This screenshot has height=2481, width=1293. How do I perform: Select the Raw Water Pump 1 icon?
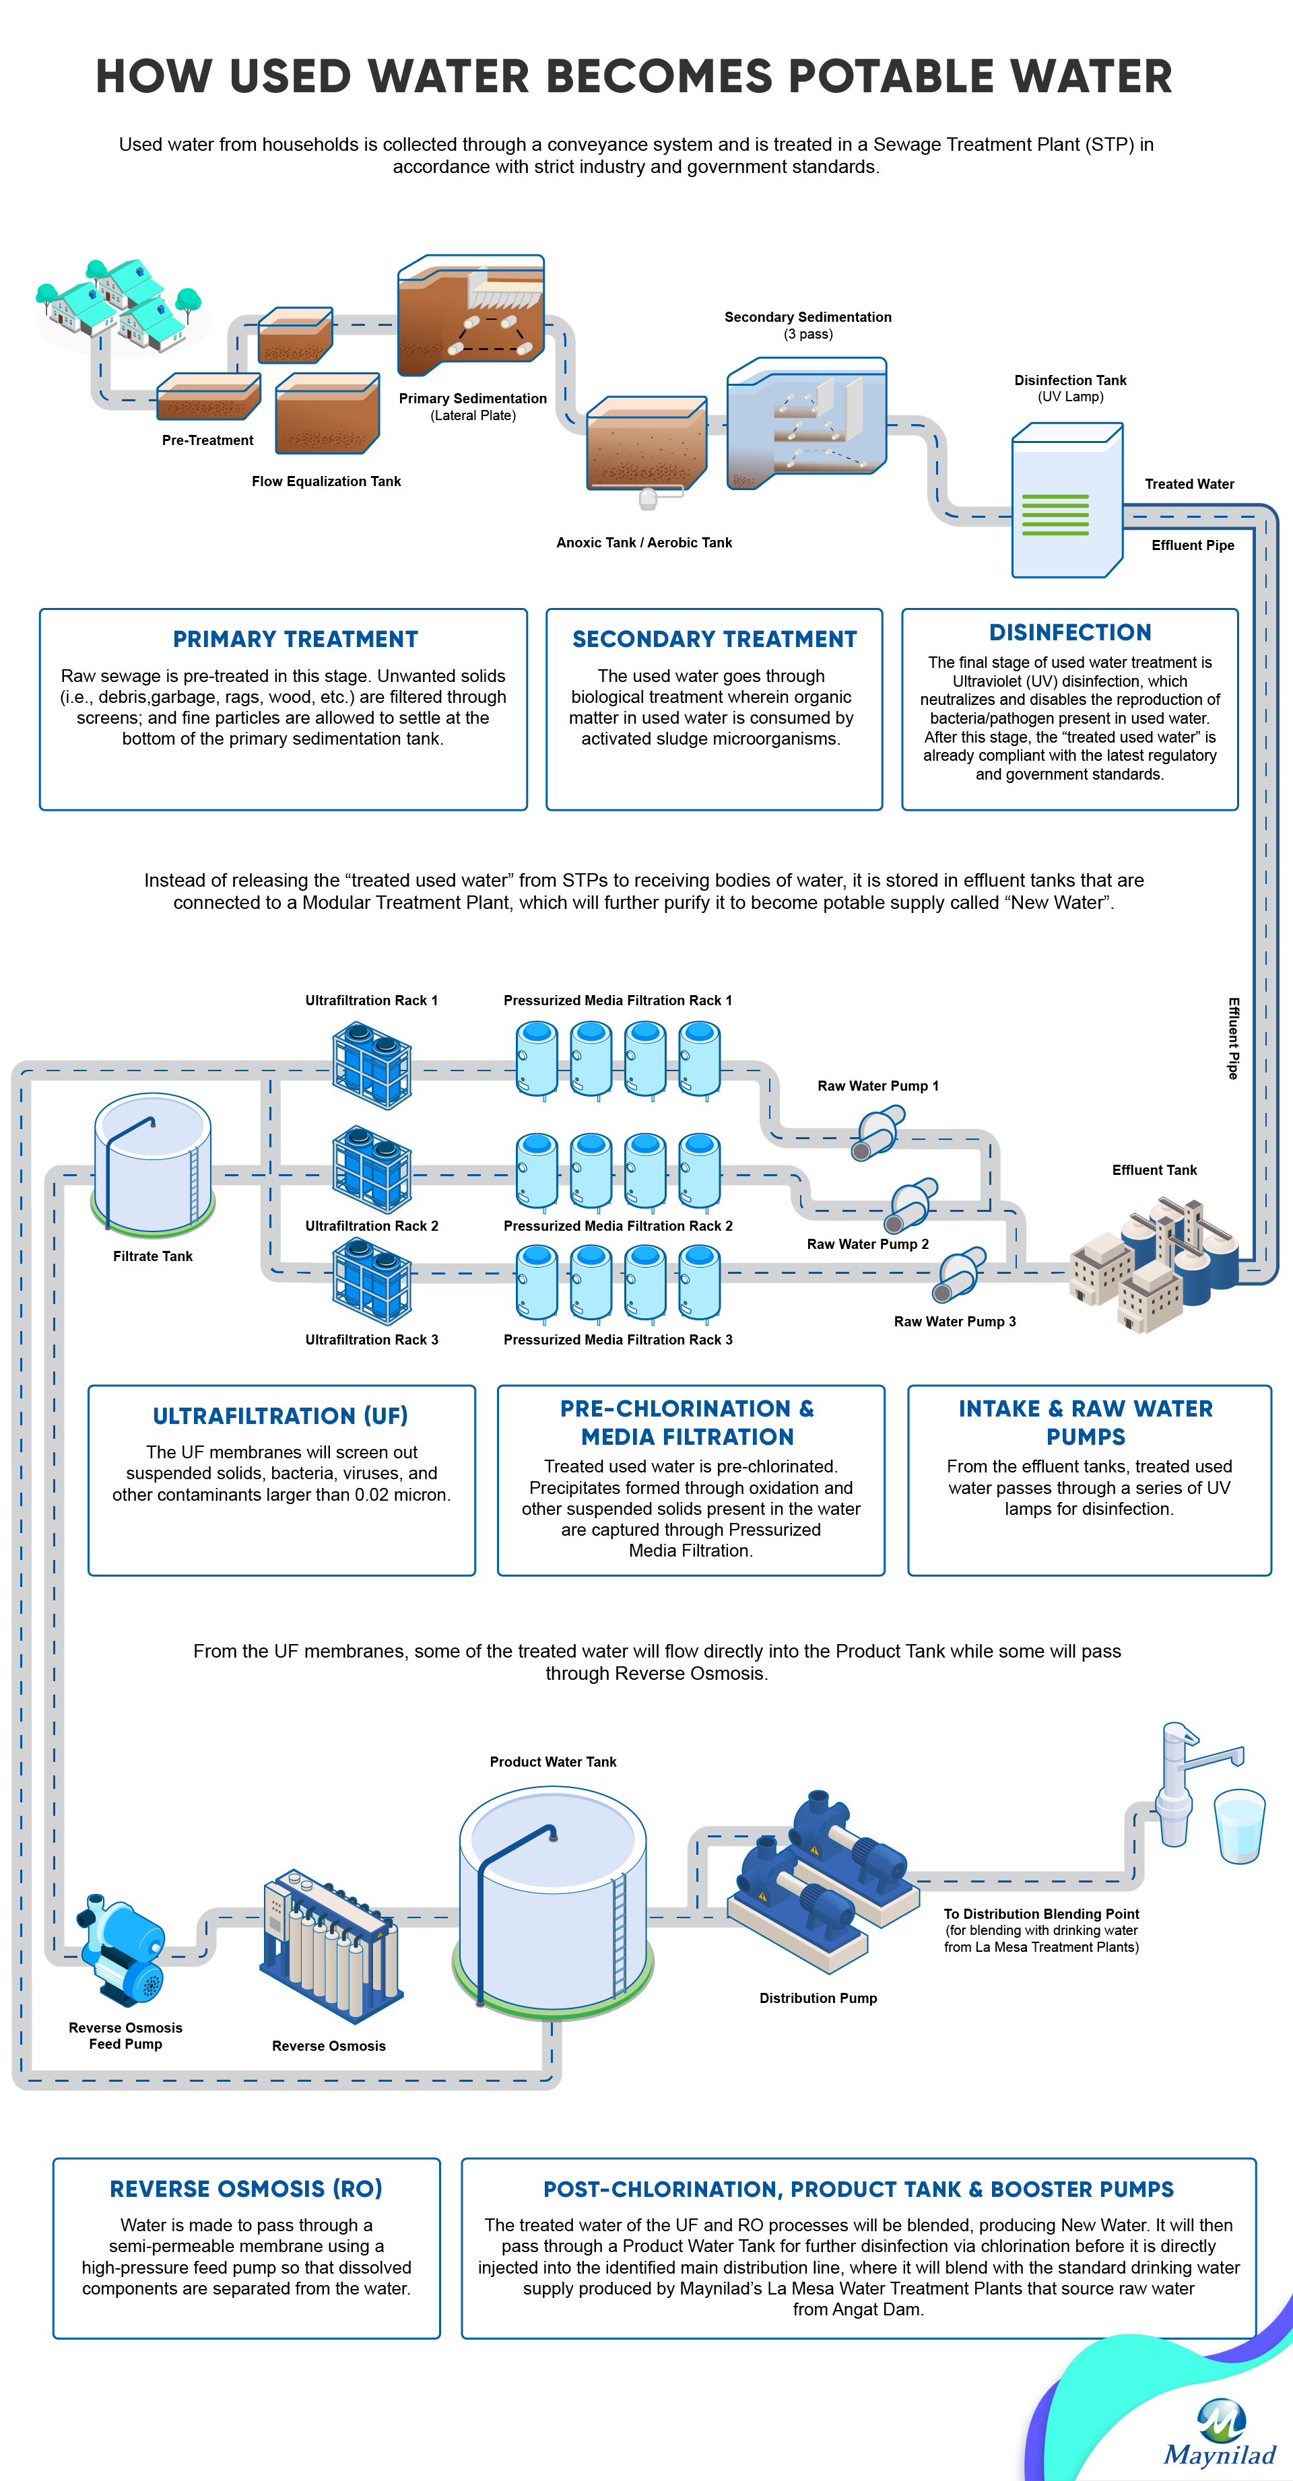877,1132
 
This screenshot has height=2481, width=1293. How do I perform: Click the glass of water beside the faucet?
1239,1826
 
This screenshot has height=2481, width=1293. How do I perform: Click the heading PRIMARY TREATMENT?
296,640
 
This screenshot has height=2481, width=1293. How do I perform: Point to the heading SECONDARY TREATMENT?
715,640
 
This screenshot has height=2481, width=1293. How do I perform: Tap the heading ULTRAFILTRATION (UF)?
280,1416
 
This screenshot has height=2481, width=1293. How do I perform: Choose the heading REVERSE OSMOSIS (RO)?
246,2189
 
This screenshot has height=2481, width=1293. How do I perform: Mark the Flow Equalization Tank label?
327,481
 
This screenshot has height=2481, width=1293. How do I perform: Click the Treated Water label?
1189,485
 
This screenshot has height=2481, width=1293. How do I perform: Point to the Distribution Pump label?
818,1998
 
